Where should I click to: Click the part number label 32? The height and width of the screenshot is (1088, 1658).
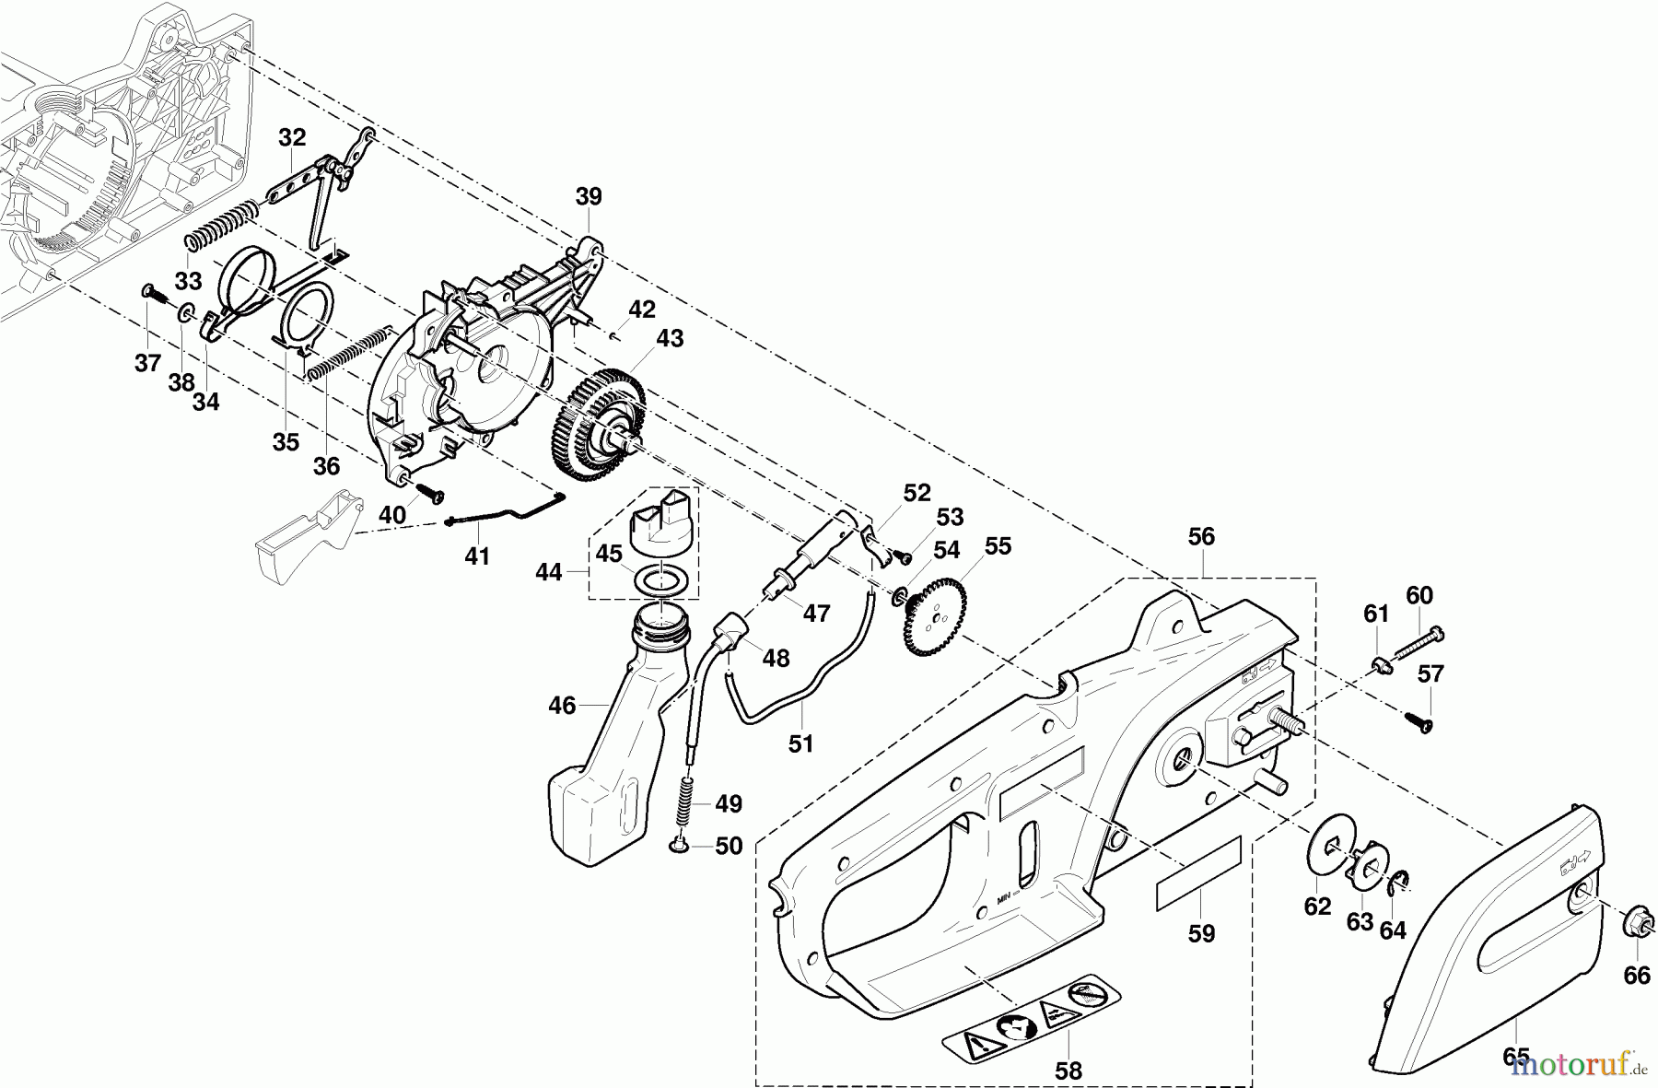tap(292, 137)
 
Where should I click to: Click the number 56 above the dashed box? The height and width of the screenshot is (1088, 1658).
tap(1201, 537)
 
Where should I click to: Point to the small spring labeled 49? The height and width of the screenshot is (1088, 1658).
tap(686, 801)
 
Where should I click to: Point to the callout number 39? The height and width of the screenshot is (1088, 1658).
tap(589, 196)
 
